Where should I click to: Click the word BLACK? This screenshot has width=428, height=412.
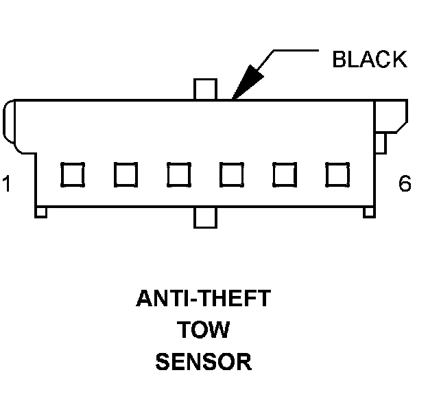(369, 60)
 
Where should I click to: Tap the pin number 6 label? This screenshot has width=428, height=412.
(405, 184)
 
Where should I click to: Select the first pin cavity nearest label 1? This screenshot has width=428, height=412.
(72, 174)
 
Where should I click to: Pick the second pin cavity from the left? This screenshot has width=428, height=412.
(126, 174)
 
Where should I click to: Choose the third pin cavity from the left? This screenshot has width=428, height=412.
(178, 174)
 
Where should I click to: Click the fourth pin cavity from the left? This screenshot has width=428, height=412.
(231, 174)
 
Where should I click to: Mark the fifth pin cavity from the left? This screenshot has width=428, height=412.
(284, 174)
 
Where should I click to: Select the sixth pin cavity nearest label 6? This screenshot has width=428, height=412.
(337, 174)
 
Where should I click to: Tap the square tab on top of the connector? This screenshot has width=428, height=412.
(205, 89)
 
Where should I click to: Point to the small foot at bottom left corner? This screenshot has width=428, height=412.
(41, 213)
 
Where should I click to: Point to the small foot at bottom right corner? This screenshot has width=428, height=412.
(369, 213)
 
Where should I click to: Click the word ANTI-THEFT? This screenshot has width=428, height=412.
(204, 299)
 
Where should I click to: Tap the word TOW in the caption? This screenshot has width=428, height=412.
(204, 330)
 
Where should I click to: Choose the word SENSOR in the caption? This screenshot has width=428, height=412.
(204, 361)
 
